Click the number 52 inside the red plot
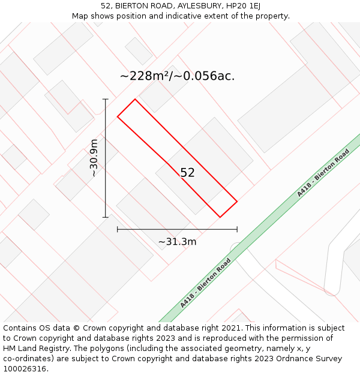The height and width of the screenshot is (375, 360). point(187,173)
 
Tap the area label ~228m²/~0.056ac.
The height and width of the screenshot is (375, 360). point(177,76)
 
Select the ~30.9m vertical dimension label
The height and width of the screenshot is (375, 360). point(94,158)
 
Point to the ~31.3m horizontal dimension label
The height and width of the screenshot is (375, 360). point(177,242)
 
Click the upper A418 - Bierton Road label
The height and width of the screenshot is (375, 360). point(323,173)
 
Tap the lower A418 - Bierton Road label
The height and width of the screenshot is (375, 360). point(206,283)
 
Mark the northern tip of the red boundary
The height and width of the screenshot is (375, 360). point(135,99)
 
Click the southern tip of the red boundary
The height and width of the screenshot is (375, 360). point(220,217)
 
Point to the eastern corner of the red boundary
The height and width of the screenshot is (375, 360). point(237,202)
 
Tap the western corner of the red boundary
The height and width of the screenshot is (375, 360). point(118,116)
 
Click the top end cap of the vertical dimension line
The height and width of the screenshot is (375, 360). point(106,99)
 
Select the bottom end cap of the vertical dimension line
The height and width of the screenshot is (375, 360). point(106,217)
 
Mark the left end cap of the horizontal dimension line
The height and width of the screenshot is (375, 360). point(118,229)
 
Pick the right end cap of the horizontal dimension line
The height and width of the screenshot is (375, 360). point(237,229)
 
